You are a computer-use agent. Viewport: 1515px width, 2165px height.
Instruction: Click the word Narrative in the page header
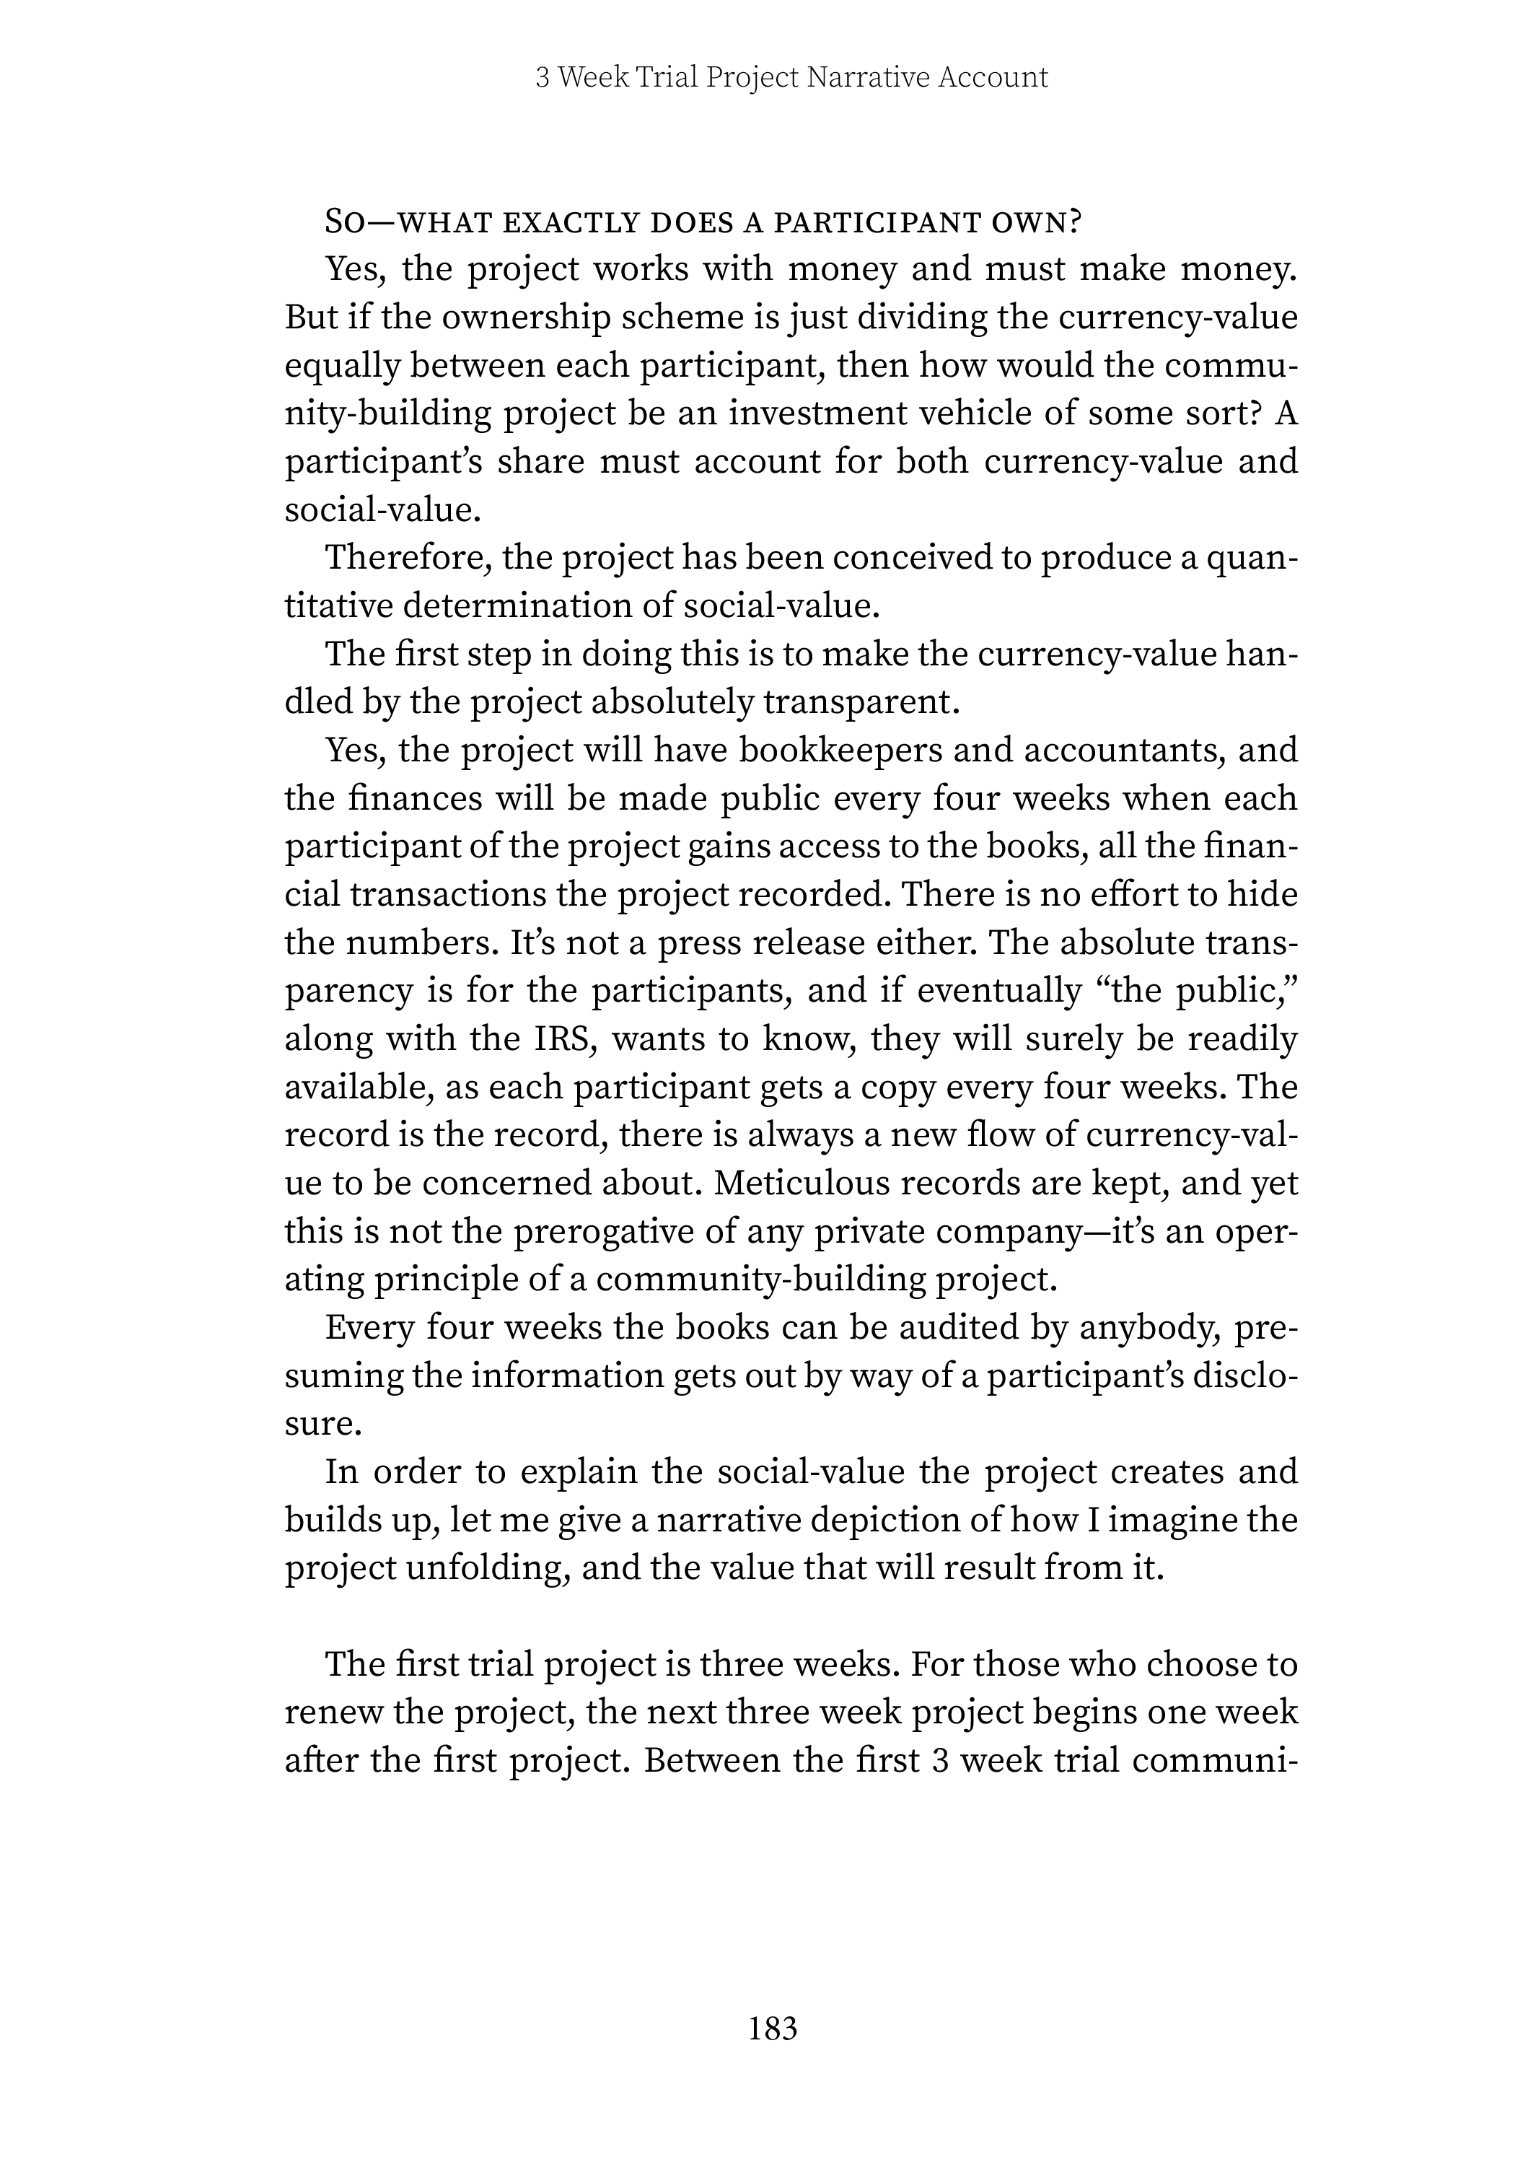coord(869,77)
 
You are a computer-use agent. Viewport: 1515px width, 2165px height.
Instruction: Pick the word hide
coord(1266,894)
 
